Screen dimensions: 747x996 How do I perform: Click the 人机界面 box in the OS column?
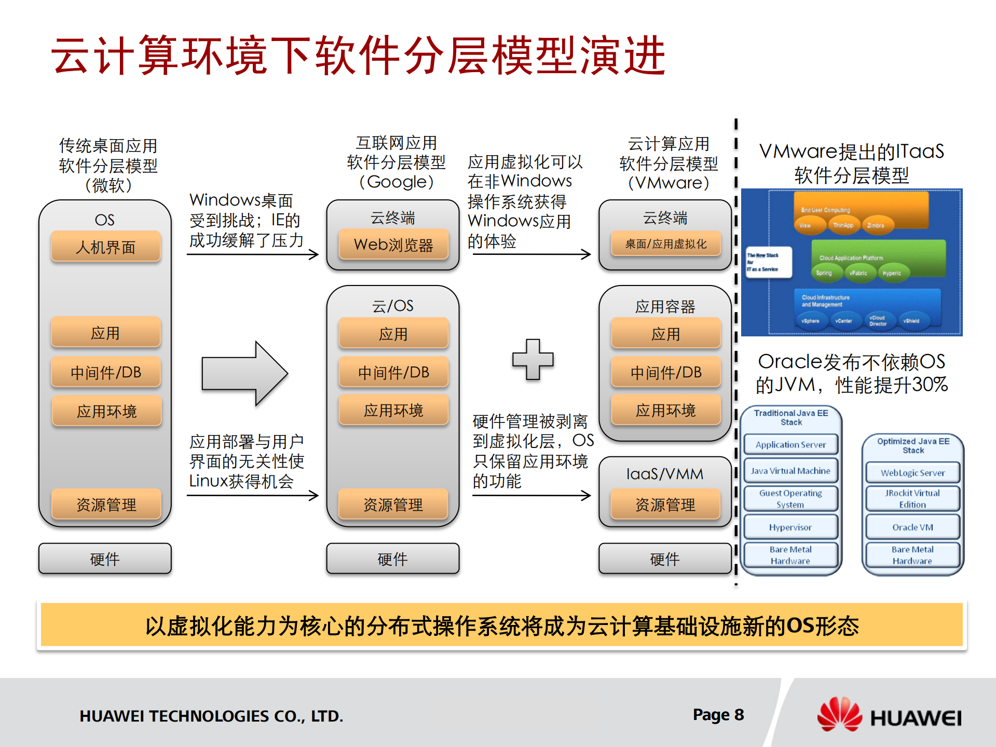click(x=106, y=247)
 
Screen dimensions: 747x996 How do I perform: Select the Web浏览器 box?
click(x=393, y=245)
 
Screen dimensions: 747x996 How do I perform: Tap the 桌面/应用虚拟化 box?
click(x=665, y=244)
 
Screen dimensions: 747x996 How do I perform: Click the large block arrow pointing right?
click(x=244, y=373)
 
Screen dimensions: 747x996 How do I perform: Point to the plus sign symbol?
click(x=533, y=359)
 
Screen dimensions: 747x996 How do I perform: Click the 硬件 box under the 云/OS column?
click(x=393, y=559)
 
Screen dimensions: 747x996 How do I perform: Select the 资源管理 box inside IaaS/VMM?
click(x=665, y=504)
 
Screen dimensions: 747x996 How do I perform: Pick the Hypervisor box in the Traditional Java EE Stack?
click(x=790, y=527)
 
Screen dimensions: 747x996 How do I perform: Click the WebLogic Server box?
click(x=912, y=473)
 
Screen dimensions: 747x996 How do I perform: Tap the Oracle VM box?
click(x=912, y=527)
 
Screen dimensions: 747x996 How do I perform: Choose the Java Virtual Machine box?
click(x=790, y=471)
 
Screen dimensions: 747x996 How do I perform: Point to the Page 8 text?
click(x=718, y=715)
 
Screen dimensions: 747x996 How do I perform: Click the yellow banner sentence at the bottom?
click(x=501, y=626)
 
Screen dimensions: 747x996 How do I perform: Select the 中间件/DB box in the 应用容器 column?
click(x=665, y=372)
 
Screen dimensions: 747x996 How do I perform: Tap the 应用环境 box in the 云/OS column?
click(x=393, y=411)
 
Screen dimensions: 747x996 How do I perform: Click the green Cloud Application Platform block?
click(x=877, y=257)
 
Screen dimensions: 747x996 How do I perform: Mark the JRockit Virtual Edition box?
click(x=912, y=498)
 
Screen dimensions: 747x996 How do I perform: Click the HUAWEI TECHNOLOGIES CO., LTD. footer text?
click(x=211, y=716)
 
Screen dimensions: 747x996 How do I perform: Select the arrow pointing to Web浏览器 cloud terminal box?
click(x=253, y=254)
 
